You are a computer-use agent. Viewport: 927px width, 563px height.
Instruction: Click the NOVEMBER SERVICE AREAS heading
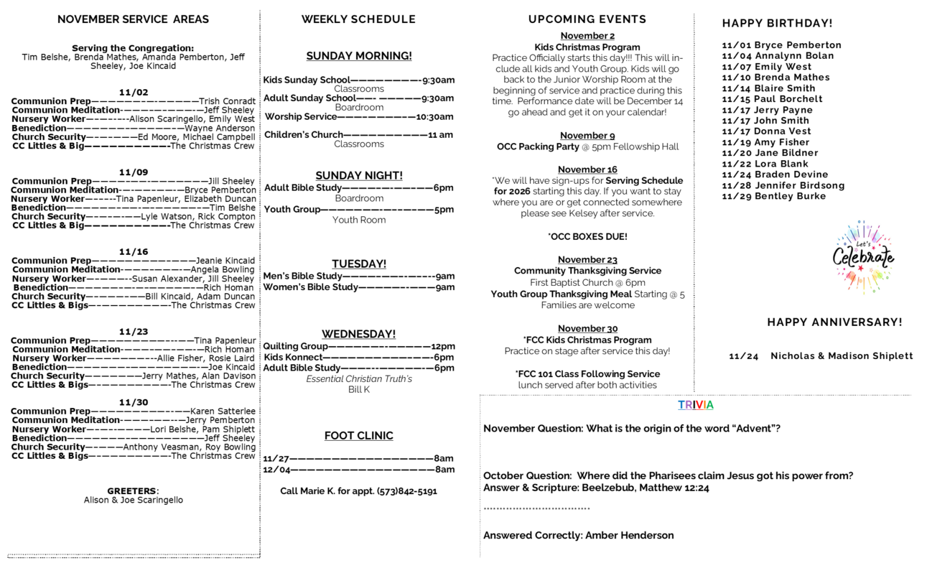[x=133, y=19]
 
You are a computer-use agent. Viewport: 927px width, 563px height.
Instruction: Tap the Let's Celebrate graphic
[x=863, y=256]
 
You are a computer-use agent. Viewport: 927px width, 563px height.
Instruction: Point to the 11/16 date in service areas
[x=133, y=251]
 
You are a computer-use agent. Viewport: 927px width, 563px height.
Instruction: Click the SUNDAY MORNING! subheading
[x=358, y=56]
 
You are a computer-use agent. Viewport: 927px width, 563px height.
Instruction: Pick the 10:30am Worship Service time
[x=434, y=116]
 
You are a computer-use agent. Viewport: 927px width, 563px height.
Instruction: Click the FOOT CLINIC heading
[x=358, y=436]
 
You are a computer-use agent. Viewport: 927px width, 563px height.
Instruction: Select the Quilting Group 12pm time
[x=442, y=346]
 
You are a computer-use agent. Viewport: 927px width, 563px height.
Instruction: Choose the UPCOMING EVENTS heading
[x=587, y=19]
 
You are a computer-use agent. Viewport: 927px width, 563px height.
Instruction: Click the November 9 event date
[x=587, y=136]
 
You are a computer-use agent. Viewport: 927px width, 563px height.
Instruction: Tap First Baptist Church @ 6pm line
[x=587, y=282]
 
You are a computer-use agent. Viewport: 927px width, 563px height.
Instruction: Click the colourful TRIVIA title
[x=695, y=405]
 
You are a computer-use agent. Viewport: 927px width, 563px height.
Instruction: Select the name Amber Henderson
[x=629, y=535]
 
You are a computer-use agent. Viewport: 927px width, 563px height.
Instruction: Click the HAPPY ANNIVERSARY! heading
[x=834, y=322]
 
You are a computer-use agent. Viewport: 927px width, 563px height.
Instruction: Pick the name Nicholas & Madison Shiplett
[x=842, y=356]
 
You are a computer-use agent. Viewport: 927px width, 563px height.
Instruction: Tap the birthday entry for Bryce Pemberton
[x=781, y=45]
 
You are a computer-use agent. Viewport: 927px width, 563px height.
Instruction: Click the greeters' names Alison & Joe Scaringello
[x=133, y=500]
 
